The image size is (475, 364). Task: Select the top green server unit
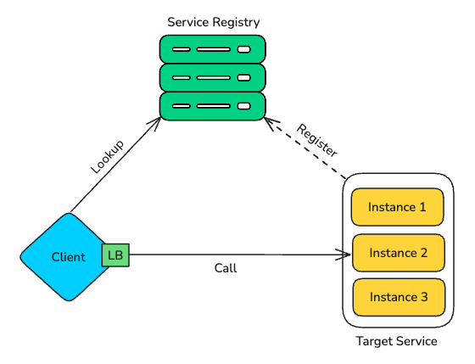(x=212, y=49)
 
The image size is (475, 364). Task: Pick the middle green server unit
(x=212, y=78)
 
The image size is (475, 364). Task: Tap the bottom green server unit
(x=212, y=107)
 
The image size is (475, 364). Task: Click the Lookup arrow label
(x=108, y=156)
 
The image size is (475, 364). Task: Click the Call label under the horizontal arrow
(x=225, y=268)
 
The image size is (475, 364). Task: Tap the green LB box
(x=115, y=254)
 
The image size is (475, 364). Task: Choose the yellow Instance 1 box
(x=398, y=207)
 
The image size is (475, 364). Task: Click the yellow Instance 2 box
(x=398, y=252)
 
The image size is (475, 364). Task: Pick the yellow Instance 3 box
(x=398, y=297)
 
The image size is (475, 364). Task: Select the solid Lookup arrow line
(x=115, y=165)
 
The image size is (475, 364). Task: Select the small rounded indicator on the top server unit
(x=244, y=49)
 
